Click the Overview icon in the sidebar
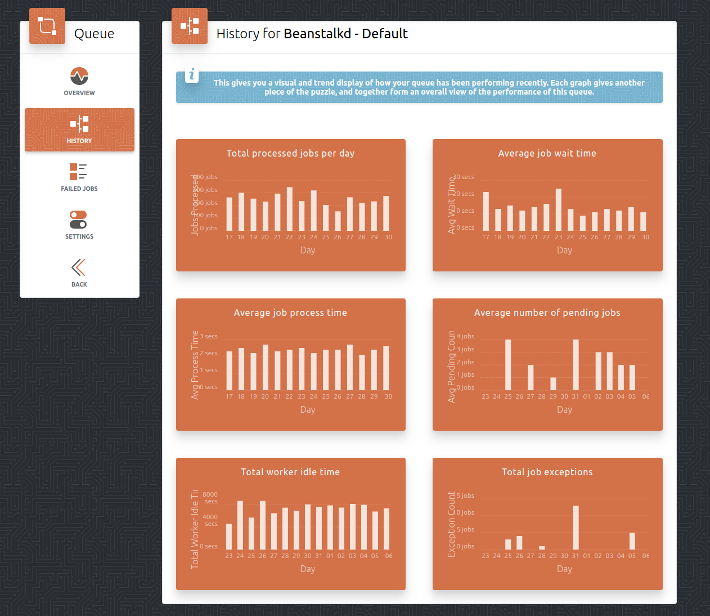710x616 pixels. [79, 76]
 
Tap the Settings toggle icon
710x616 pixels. [78, 220]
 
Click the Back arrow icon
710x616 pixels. [79, 267]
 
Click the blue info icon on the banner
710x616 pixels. [192, 74]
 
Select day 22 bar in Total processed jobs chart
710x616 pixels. [290, 209]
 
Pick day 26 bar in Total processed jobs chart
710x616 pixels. [338, 221]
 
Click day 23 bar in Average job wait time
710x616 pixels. [559, 209]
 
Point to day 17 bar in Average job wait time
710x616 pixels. [486, 211]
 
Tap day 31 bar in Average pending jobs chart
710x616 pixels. [576, 365]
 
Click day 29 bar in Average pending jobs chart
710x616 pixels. [553, 383]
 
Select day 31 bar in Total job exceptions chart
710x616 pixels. [576, 528]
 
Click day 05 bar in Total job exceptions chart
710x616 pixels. [632, 541]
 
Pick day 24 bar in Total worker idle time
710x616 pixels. [240, 525]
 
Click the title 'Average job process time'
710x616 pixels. [290, 313]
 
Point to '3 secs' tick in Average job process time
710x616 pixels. [209, 336]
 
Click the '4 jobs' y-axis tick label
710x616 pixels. [465, 336]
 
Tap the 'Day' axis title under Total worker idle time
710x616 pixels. [308, 569]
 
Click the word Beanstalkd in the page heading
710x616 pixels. [317, 34]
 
